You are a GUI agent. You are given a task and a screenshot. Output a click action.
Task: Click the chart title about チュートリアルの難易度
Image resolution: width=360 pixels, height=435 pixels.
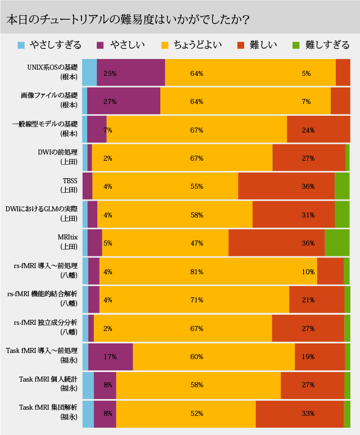128,19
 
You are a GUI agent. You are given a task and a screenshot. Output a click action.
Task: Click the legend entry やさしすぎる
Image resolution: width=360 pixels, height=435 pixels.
56,45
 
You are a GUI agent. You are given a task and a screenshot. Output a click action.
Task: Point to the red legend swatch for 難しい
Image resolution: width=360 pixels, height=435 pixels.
241,45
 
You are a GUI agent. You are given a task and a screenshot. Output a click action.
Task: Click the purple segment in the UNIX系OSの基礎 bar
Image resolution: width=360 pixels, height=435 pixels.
131,72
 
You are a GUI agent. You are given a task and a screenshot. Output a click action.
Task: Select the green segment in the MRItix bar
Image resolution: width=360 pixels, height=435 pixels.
337,243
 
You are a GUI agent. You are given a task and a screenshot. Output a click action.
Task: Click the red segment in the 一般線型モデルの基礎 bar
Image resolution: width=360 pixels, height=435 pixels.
318,129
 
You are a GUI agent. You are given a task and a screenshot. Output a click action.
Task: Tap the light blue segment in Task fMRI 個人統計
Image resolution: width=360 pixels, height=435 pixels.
88,386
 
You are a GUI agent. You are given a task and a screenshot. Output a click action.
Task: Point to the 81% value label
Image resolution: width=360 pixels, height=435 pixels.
196,271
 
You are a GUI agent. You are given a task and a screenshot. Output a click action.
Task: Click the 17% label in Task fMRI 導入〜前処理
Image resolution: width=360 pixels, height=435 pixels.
110,357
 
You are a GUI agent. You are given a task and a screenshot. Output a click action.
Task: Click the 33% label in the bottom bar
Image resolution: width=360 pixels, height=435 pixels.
308,414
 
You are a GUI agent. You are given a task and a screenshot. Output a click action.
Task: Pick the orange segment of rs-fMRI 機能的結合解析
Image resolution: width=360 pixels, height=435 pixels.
194,300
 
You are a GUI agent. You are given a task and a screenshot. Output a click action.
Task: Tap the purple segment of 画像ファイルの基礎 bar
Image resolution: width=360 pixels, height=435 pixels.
124,101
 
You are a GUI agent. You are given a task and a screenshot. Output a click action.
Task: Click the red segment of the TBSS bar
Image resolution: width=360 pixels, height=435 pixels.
286,186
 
